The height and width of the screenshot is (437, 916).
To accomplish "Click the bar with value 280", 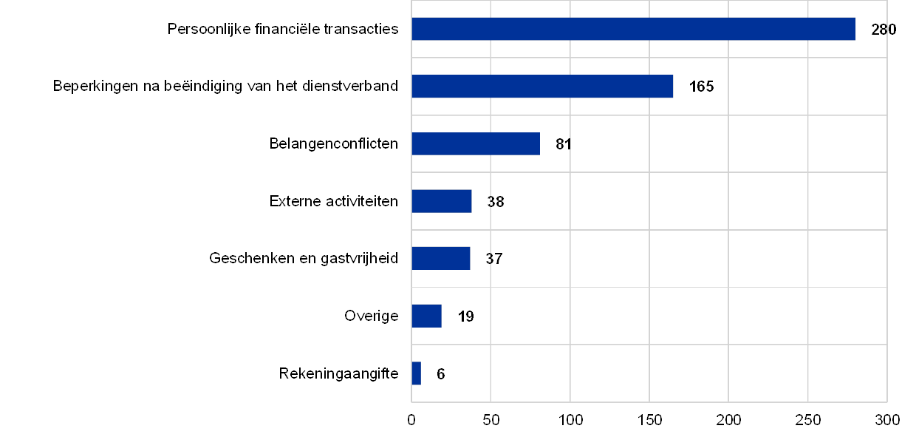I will point(633,29).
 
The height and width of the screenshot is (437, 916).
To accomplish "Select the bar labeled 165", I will point(542,87).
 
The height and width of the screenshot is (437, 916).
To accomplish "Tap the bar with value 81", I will point(476,143).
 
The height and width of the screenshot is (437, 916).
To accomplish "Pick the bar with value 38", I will point(442,201).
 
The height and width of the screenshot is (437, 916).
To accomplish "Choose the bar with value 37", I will point(441,258).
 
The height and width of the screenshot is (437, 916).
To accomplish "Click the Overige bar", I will point(426,316).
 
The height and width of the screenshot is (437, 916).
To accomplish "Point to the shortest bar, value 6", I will point(416,373).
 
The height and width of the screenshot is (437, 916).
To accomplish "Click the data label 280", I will point(883,30).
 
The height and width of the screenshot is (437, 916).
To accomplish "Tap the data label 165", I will point(701,87).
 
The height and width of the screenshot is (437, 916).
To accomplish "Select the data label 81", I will point(564,144).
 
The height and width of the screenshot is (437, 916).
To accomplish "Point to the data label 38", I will point(496,202).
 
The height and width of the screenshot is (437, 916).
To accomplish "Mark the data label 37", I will point(493,259).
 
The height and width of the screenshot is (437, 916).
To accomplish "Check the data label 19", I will point(465,316).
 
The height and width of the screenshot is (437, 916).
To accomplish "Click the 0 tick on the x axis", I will point(411,420).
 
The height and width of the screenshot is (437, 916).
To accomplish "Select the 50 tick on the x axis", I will point(491,420).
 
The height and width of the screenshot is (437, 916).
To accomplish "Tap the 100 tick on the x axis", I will point(570,420).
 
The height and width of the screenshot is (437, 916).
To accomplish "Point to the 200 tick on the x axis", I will point(729,420).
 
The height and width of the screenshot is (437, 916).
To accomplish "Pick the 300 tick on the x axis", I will point(887,420).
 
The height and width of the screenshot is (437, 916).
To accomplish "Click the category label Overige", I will point(372,316).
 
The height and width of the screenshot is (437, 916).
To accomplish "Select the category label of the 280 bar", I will point(285,30).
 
